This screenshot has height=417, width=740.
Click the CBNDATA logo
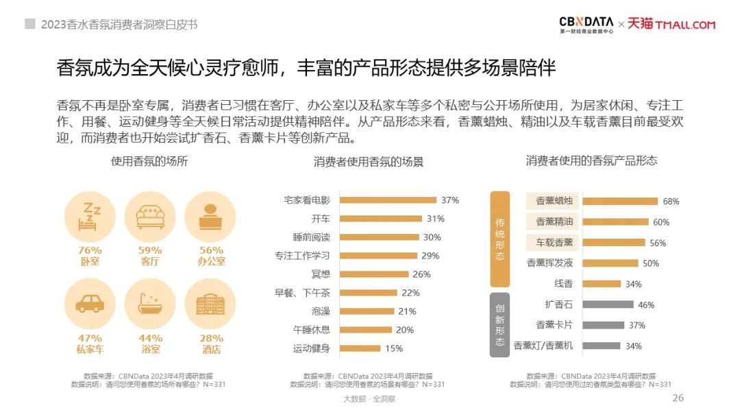pos(586,24)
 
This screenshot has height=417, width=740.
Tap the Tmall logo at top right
pos(671,25)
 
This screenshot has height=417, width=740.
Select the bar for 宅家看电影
pos(388,200)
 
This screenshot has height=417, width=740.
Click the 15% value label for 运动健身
pos(393,348)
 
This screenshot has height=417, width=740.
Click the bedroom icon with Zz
pos(90,214)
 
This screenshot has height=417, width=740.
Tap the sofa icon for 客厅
pos(150,214)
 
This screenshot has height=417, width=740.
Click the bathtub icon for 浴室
pos(150,302)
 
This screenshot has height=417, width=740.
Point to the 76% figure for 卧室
pos(90,250)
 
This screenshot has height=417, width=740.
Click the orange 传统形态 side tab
pos(500,239)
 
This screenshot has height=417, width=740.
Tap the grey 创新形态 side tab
pos(500,324)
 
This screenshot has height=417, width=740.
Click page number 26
pos(678,398)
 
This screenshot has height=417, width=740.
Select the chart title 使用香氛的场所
pos(149,161)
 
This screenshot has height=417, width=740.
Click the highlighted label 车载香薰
pos(554,242)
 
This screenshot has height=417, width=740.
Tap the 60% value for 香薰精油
pos(661,222)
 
